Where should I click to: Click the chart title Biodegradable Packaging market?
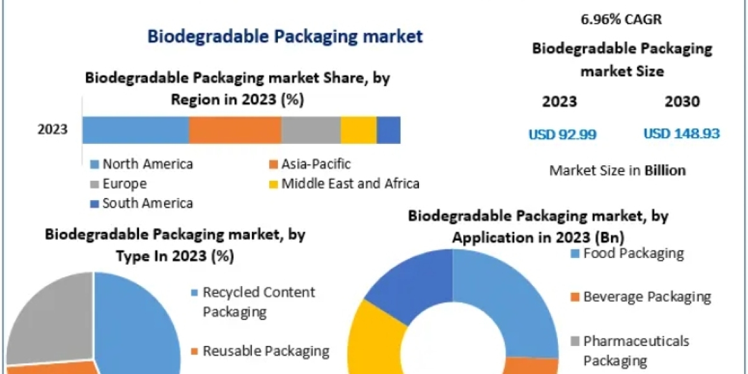[285, 36]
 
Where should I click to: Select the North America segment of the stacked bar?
[135, 130]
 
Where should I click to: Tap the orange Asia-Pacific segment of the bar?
[235, 130]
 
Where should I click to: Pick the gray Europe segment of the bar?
[310, 130]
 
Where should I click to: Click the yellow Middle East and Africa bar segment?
[358, 130]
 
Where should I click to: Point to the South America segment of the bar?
[388, 130]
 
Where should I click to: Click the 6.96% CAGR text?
[621, 19]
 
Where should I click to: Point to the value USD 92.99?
[563, 134]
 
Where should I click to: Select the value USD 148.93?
[681, 134]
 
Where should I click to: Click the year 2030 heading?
[682, 102]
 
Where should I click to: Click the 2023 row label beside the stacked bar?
[52, 130]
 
